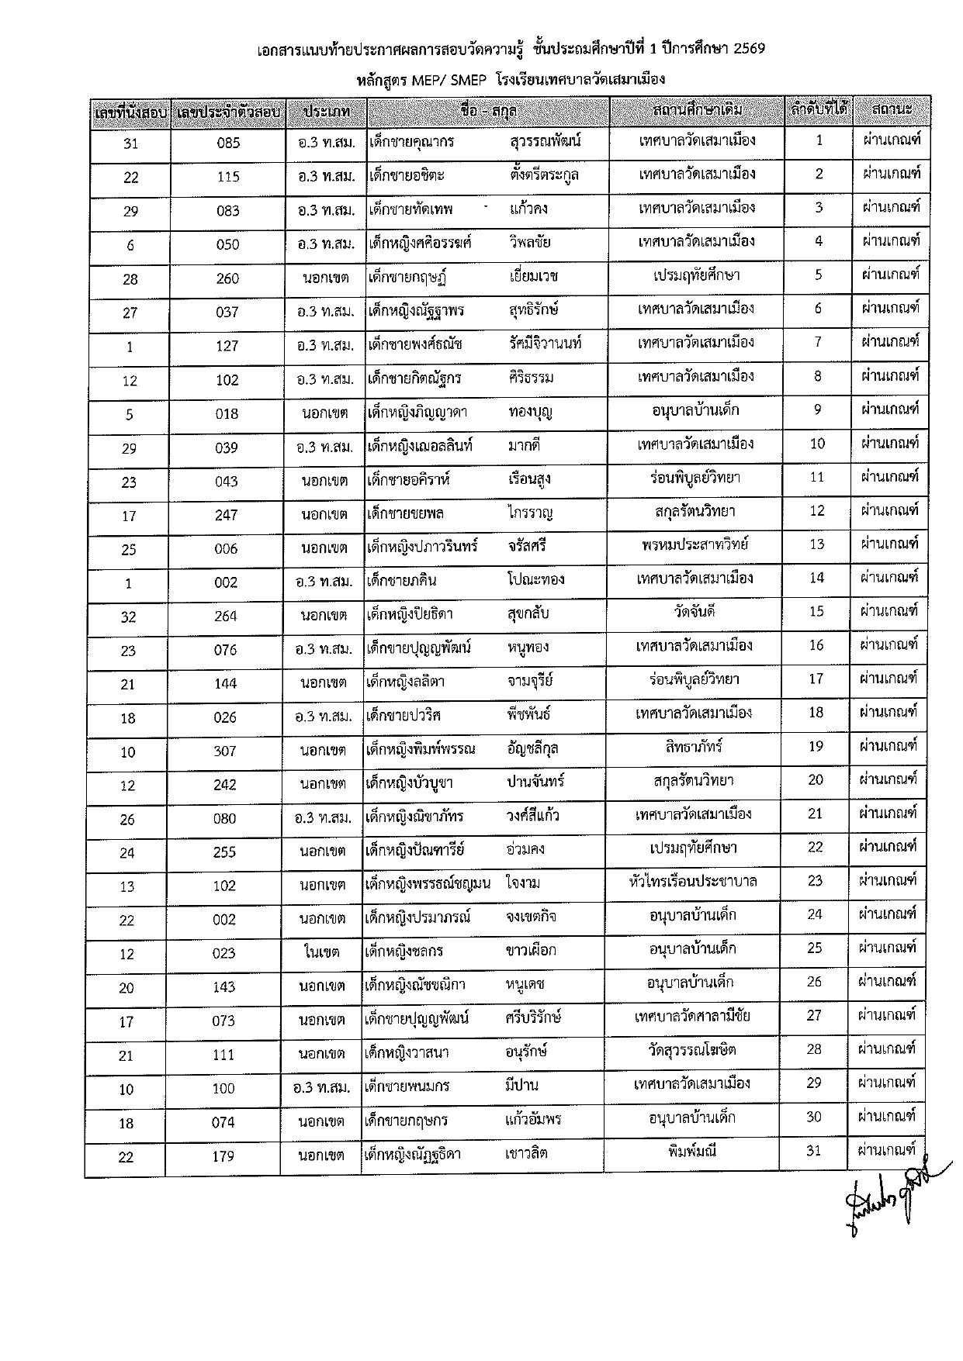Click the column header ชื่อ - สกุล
coord(488,112)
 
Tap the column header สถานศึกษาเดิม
coord(698,110)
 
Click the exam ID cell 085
coord(229,143)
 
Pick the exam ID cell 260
coord(227,278)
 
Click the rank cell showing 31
coord(813,1150)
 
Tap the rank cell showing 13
coord(817,544)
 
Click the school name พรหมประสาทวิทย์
coord(695,544)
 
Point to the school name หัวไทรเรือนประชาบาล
coord(693,881)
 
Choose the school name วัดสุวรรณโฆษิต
coord(692,1050)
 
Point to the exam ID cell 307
coord(225,751)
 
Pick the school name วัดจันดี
coord(695,611)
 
